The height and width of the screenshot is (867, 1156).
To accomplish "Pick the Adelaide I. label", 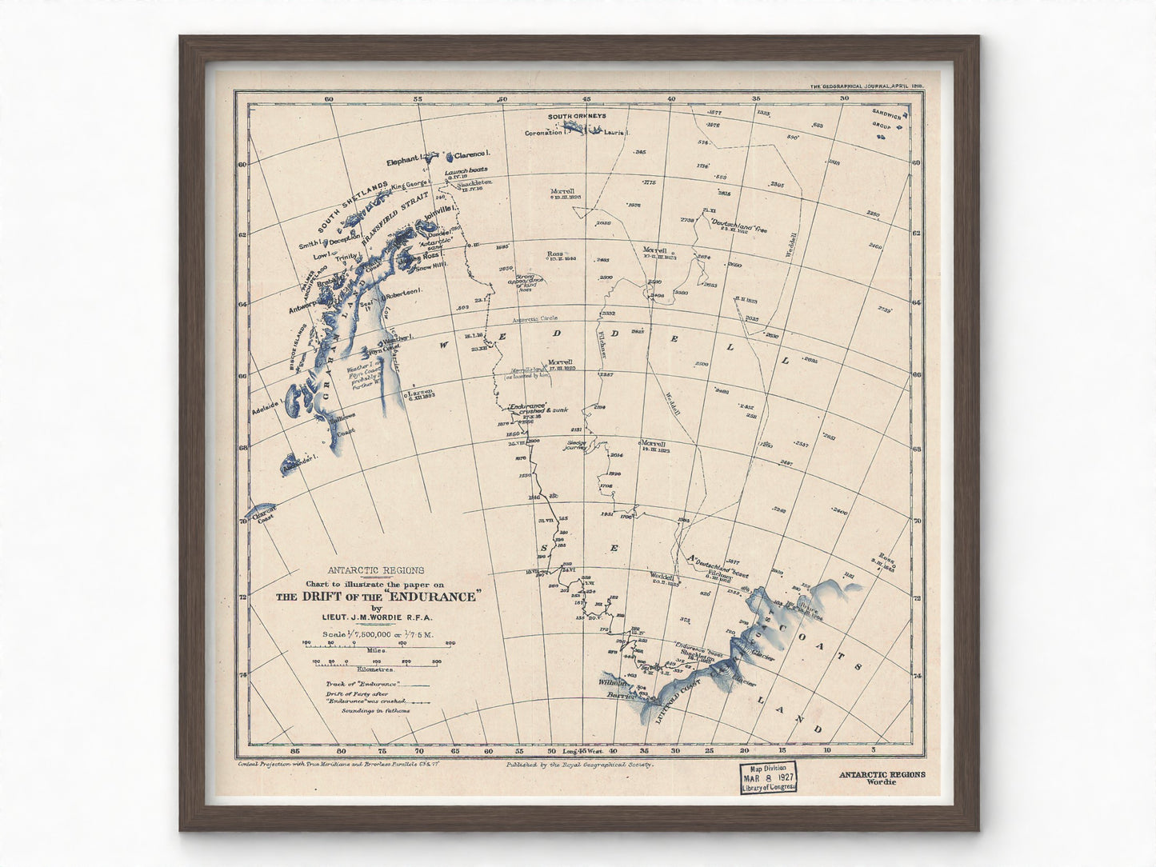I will (264, 406).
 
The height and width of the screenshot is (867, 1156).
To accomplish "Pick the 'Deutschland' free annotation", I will (734, 227).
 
